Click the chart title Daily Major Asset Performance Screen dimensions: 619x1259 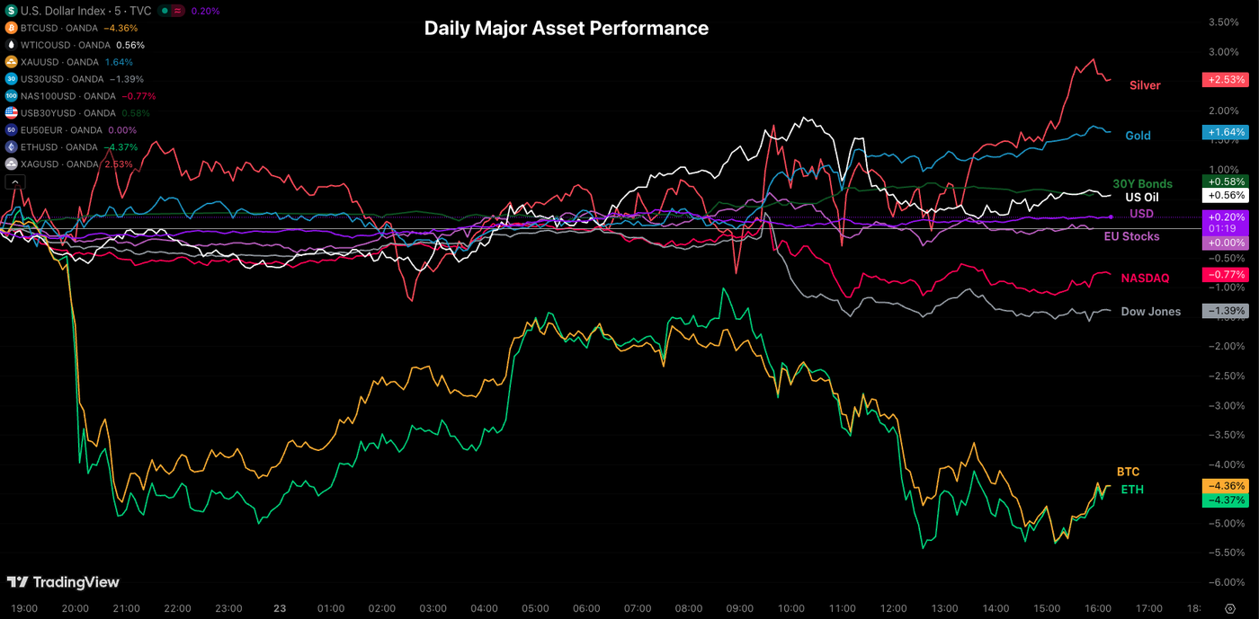pyautogui.click(x=566, y=28)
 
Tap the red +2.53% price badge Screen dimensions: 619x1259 pyautogui.click(x=1225, y=79)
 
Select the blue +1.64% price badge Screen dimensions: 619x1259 pyautogui.click(x=1225, y=132)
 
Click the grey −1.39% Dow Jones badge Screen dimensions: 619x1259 pyautogui.click(x=1225, y=311)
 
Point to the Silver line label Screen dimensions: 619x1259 pyautogui.click(x=1145, y=85)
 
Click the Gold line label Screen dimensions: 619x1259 pyautogui.click(x=1138, y=136)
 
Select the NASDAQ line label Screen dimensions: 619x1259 pyautogui.click(x=1145, y=279)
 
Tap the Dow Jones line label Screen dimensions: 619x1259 pyautogui.click(x=1150, y=312)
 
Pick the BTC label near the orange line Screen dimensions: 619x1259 pyautogui.click(x=1128, y=472)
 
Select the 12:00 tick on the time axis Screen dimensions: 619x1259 pyautogui.click(x=894, y=608)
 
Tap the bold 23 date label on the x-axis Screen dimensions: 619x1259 pyautogui.click(x=280, y=608)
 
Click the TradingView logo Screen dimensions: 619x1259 pyautogui.click(x=63, y=582)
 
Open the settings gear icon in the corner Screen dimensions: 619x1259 pyautogui.click(x=1230, y=608)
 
